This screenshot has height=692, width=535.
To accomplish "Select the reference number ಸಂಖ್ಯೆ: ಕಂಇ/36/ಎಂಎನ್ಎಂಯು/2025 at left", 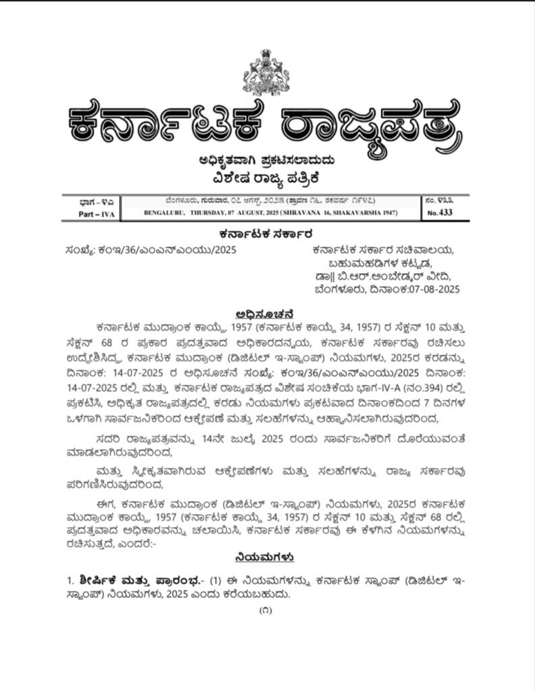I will [151, 249].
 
